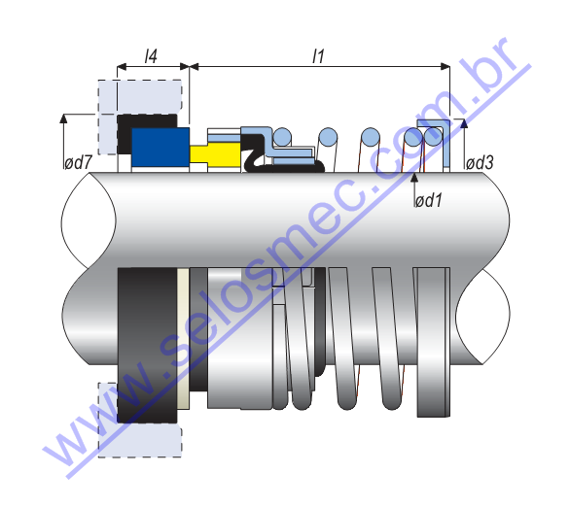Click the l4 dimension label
point(151,56)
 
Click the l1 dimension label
point(318,56)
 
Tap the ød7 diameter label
point(78,162)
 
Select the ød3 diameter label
point(480,162)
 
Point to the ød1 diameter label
point(429,200)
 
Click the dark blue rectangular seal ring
point(160,147)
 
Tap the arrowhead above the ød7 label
point(64,118)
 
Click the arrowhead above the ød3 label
point(463,123)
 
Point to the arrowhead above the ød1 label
point(414,177)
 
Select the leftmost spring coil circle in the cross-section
point(282,138)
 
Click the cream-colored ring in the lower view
point(183,339)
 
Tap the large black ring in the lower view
point(147,346)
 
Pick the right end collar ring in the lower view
point(433,342)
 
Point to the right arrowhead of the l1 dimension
point(445,66)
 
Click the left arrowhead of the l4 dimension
point(122,67)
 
